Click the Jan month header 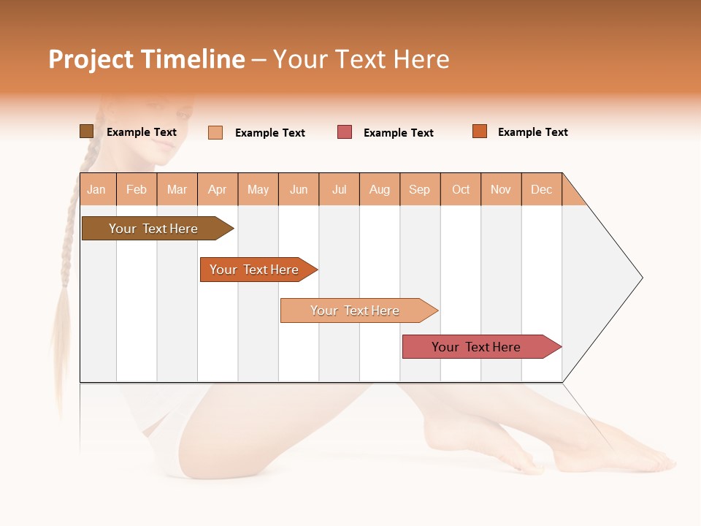[96, 189]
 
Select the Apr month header [218, 189]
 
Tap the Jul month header [339, 189]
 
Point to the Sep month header [419, 189]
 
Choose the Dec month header [541, 189]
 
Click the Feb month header [137, 189]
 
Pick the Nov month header [501, 189]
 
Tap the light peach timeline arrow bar [356, 310]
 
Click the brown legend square [86, 131]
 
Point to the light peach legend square [215, 132]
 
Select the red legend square [345, 132]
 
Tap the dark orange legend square [480, 131]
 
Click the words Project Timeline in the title [146, 59]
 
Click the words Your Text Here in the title [361, 59]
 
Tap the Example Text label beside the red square [398, 133]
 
